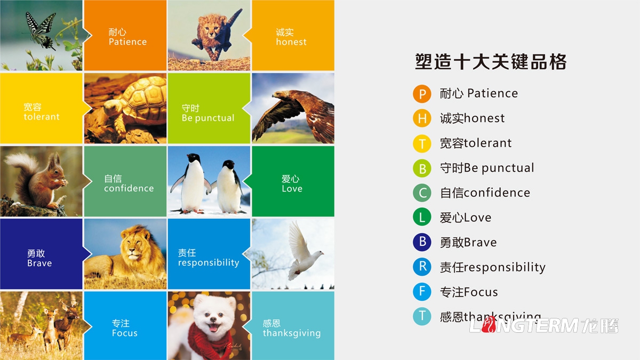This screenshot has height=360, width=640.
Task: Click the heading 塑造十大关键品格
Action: tap(490, 62)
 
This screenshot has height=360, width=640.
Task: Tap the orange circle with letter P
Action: tap(422, 94)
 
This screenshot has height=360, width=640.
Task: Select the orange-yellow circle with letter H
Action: tap(422, 118)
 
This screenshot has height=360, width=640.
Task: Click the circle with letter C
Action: tap(422, 193)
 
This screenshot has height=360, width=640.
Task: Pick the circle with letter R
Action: tap(422, 267)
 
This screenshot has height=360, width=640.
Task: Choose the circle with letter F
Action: tap(422, 292)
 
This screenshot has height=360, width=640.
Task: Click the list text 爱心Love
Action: tap(466, 218)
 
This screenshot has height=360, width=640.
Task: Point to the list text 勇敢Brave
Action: tap(468, 243)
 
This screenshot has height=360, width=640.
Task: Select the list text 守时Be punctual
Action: tap(487, 168)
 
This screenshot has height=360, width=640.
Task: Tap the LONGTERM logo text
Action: tap(544, 325)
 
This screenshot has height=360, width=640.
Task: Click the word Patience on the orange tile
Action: tap(127, 42)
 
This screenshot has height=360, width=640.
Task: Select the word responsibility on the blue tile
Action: tap(209, 263)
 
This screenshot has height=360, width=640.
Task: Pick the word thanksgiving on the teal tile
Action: tap(292, 333)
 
